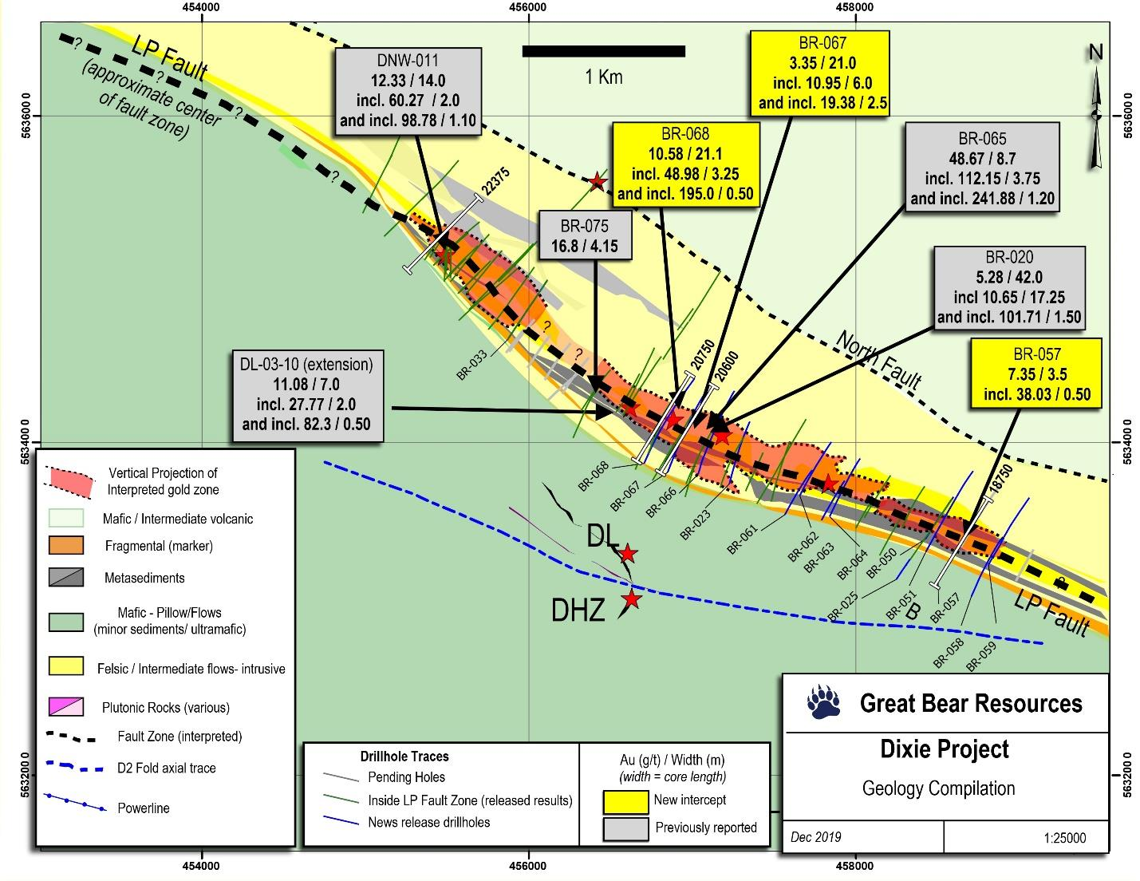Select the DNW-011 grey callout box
pyautogui.click(x=409, y=91)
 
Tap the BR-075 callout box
pyautogui.click(x=585, y=235)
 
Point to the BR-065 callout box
pyautogui.click(x=982, y=168)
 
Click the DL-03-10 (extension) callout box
pyautogui.click(x=306, y=394)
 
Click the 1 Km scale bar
pyautogui.click(x=604, y=51)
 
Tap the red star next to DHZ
pyautogui.click(x=632, y=599)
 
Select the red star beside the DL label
pyautogui.click(x=628, y=553)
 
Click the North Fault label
pyautogui.click(x=878, y=361)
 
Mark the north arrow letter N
pyautogui.click(x=1096, y=53)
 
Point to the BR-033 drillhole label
pyautogui.click(x=473, y=366)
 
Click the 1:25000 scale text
pyautogui.click(x=1063, y=838)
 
